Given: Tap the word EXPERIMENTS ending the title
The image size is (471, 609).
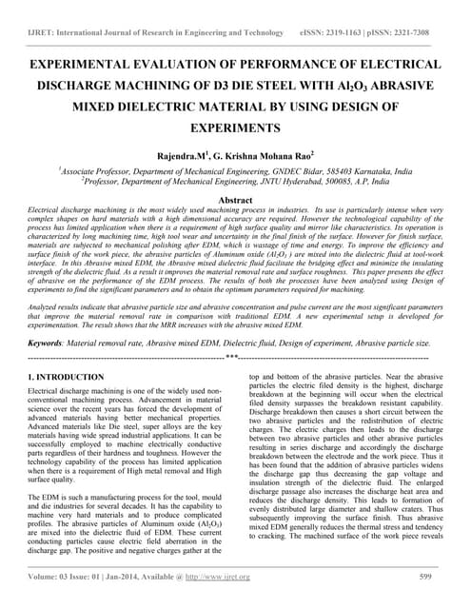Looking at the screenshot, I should [235, 126].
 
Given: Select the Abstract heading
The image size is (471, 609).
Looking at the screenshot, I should [235, 201].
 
